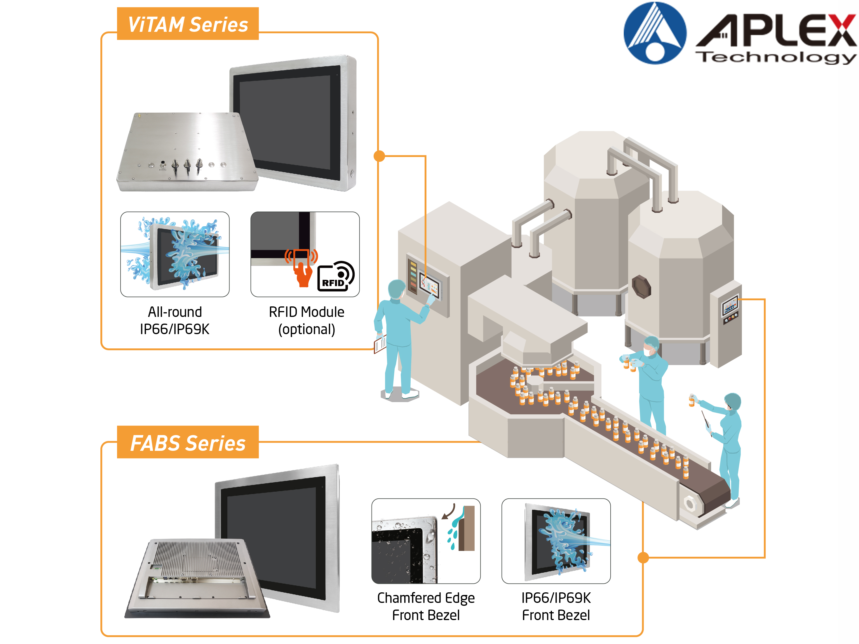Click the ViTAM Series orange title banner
[x=188, y=24]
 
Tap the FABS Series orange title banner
[x=188, y=443]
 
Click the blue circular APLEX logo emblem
[x=655, y=33]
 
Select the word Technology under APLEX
[x=777, y=57]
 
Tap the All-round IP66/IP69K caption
[x=175, y=321]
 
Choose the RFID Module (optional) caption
[x=306, y=321]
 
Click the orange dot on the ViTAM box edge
[x=379, y=156]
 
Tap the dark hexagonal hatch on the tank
[x=641, y=287]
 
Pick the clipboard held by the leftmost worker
[x=380, y=344]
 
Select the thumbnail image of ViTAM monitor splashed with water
[x=175, y=254]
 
